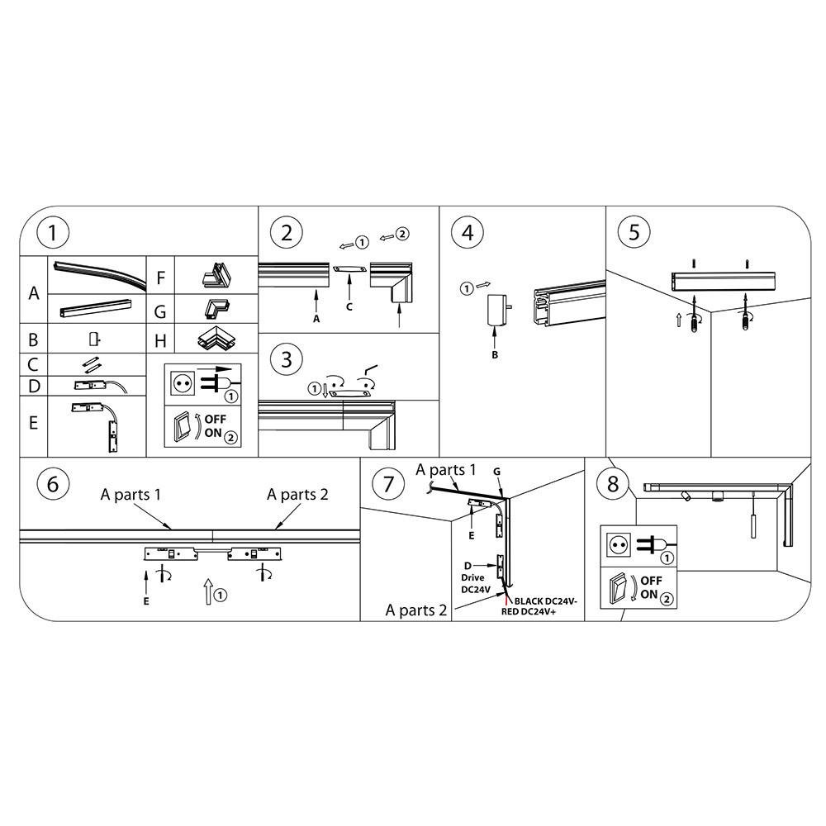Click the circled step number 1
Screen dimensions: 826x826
point(53,232)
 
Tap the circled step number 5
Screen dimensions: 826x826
point(634,232)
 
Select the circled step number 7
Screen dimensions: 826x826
point(389,484)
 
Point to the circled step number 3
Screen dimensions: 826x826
point(286,360)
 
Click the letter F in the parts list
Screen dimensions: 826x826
point(161,278)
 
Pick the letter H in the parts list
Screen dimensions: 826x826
point(161,341)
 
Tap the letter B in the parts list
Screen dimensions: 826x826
point(33,339)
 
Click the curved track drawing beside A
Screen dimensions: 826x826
point(98,273)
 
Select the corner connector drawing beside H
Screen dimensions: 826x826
point(216,338)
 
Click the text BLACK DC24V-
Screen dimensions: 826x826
point(546,601)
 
